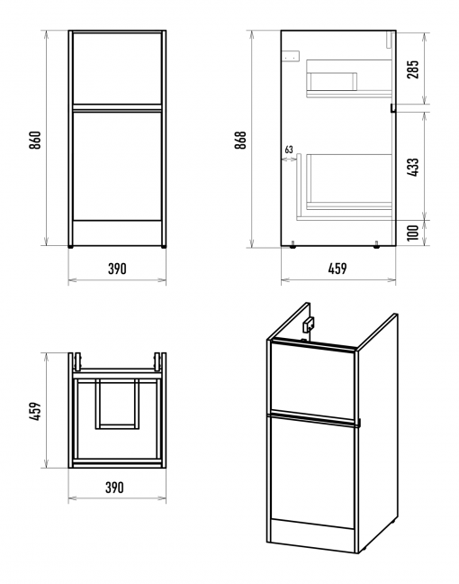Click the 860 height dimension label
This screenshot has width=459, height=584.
(35, 140)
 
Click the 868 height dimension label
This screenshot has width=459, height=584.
(240, 140)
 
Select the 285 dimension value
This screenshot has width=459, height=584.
(412, 69)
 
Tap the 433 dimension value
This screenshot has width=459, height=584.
(412, 168)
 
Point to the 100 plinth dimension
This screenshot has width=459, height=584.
(412, 233)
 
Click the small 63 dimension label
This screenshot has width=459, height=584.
(289, 150)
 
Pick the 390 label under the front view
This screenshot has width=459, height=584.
(117, 269)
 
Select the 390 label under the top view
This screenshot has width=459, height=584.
(114, 488)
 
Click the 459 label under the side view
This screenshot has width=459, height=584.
(337, 269)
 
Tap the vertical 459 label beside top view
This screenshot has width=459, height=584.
(35, 411)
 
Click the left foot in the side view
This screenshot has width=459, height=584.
(292, 245)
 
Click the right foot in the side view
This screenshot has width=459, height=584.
(376, 245)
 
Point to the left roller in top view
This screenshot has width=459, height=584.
(77, 361)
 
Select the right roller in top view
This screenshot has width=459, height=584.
(157, 361)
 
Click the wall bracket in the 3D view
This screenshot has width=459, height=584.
(309, 324)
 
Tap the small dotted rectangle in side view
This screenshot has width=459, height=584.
(292, 56)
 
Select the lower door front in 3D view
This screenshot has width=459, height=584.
(311, 472)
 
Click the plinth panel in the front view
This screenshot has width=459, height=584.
(117, 233)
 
